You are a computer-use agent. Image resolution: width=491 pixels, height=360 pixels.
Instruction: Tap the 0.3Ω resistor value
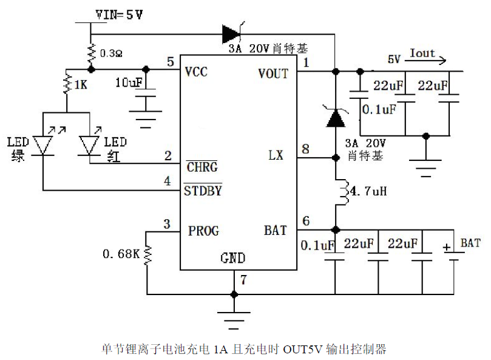click(110, 53)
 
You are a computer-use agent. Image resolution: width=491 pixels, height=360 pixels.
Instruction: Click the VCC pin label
click(196, 73)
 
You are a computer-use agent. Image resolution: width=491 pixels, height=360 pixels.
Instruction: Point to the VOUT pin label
click(273, 73)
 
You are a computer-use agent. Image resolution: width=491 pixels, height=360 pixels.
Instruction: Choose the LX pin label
click(276, 155)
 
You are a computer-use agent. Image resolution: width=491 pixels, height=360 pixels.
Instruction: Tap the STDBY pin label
click(203, 191)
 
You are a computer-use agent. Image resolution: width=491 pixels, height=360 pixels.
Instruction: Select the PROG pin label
click(203, 231)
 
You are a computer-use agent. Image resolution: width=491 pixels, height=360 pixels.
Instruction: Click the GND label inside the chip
click(232, 259)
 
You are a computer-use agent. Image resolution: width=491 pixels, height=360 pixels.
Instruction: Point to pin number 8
click(305, 149)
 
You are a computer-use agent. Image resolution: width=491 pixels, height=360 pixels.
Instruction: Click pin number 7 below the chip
click(243, 280)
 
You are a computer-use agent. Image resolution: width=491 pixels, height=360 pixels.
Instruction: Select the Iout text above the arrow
click(422, 53)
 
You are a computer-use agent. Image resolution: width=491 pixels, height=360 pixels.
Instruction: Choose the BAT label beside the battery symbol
click(470, 243)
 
